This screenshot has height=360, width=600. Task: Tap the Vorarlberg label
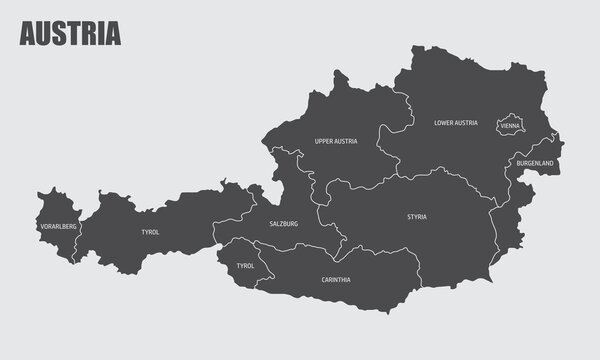(56, 227)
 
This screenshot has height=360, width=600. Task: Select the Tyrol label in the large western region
(151, 232)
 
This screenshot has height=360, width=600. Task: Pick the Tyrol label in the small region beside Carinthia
(246, 266)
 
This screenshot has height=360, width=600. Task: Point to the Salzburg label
(284, 224)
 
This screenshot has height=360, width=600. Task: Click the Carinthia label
(336, 279)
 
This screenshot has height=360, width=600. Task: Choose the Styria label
(416, 216)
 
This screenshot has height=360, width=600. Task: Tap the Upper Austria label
(335, 142)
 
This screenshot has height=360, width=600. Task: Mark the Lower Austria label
(455, 123)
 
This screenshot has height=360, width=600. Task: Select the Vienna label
(510, 126)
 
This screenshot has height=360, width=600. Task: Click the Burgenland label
(535, 162)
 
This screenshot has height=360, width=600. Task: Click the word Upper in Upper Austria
(322, 142)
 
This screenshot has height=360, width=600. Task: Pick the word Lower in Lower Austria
(444, 123)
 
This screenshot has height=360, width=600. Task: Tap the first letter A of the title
(27, 34)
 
